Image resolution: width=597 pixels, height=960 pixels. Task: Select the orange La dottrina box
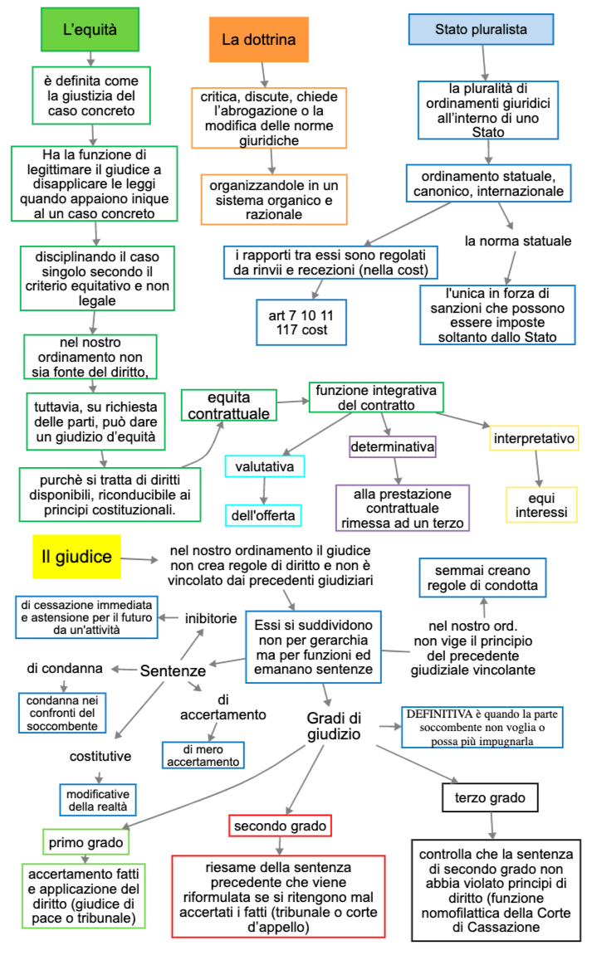(258, 39)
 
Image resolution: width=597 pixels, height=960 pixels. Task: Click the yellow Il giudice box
(76, 557)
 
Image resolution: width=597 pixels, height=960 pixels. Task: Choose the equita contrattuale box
(228, 405)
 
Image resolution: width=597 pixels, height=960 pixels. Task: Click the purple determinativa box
(393, 448)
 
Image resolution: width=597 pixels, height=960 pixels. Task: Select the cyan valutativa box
(265, 467)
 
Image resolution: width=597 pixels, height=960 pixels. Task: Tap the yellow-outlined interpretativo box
(534, 438)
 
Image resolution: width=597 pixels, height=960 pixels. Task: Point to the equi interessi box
(541, 504)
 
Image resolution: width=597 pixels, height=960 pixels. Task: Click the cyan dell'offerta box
(264, 515)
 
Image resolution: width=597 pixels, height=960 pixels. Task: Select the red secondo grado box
(280, 826)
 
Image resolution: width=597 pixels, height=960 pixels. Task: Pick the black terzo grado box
(489, 798)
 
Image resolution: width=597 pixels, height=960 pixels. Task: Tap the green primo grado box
(86, 843)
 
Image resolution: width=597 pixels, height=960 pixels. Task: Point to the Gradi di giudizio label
(333, 725)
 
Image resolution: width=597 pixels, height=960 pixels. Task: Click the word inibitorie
(211, 618)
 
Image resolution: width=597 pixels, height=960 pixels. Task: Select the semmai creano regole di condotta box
(482, 577)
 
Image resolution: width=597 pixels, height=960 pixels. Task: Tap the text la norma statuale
(518, 241)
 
